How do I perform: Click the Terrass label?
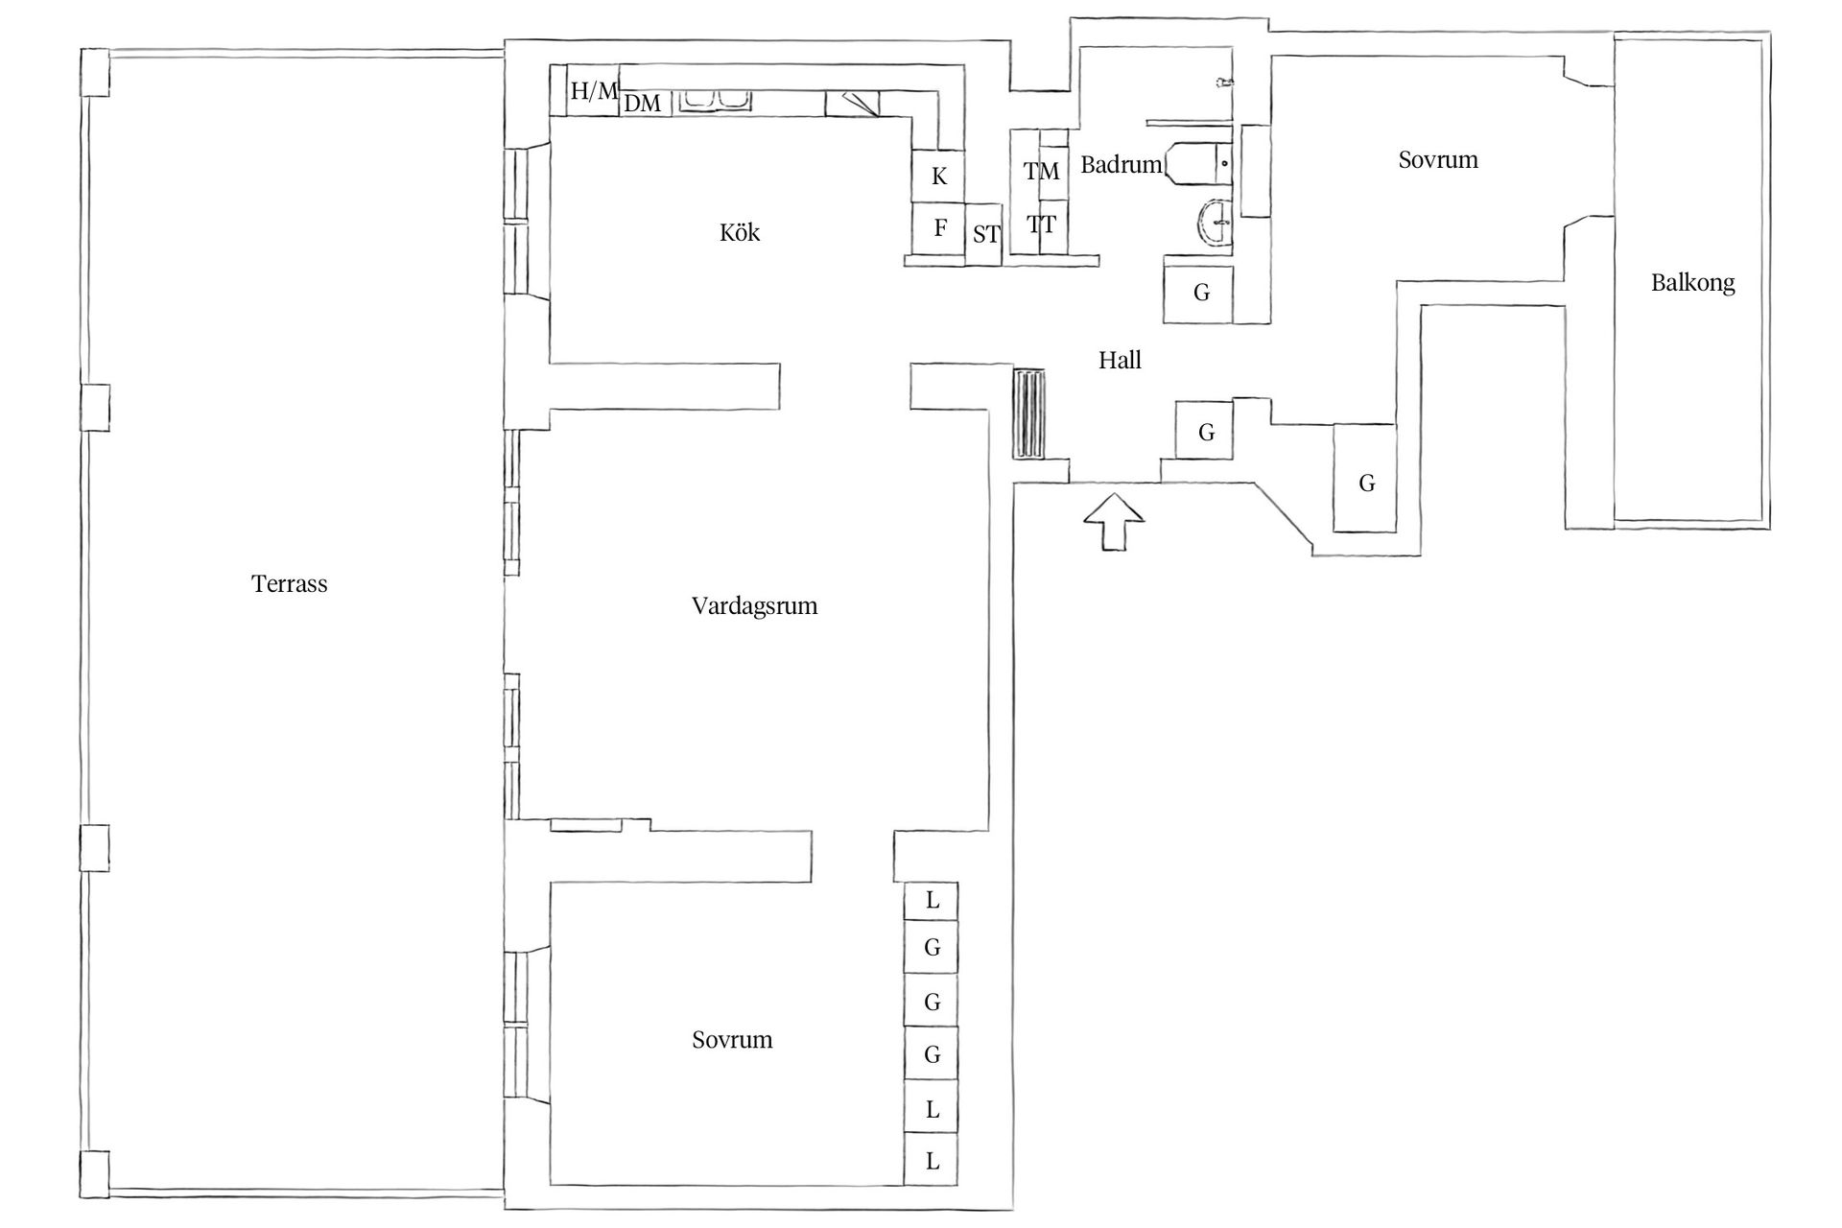click(289, 583)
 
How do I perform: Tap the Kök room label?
click(739, 232)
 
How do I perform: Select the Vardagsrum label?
click(754, 605)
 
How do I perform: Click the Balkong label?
click(1692, 282)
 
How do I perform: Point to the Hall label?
click(1120, 360)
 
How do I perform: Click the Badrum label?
click(1121, 164)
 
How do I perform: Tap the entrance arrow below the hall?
click(1114, 522)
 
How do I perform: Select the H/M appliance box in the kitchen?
click(594, 91)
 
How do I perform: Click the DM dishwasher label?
click(642, 103)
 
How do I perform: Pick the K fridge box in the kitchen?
click(938, 176)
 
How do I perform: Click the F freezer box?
click(938, 228)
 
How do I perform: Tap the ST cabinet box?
click(984, 233)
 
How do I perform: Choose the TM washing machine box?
click(1041, 171)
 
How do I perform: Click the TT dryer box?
click(1041, 225)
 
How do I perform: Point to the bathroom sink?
click(1213, 224)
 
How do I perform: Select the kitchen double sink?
click(715, 100)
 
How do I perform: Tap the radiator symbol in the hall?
click(1029, 414)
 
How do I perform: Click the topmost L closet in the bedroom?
click(932, 900)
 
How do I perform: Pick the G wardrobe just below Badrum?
click(1200, 293)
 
